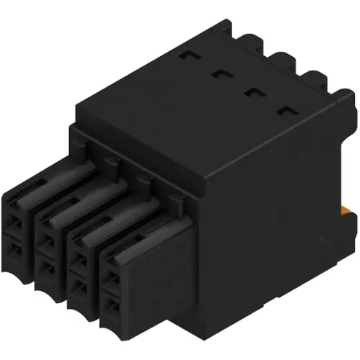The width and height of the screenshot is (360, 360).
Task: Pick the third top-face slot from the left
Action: point(252,91)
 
